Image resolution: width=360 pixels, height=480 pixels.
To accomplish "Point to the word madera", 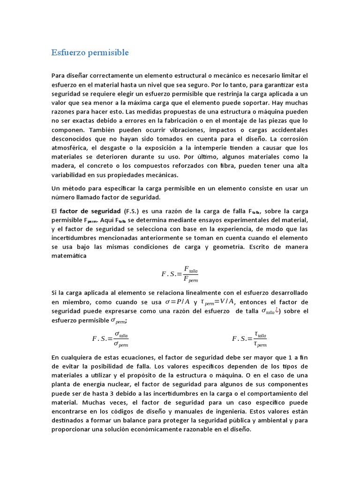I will (x=65, y=167).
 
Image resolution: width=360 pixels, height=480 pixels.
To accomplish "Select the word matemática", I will (x=69, y=256).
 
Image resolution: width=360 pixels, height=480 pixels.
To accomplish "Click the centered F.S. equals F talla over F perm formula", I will (x=180, y=273).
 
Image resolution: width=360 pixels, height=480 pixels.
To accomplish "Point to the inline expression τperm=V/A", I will (x=218, y=302).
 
